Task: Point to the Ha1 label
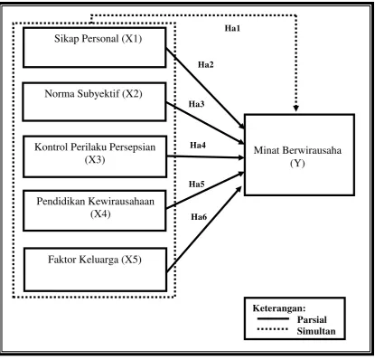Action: [232, 28]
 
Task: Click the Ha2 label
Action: [206, 64]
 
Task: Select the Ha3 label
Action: [196, 104]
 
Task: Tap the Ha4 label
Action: [198, 146]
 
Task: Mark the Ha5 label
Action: [197, 184]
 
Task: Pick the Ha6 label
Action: [199, 217]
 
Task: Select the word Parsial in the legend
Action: [312, 319]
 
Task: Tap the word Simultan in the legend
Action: [316, 331]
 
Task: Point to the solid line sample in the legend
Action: [273, 318]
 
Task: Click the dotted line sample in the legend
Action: [273, 329]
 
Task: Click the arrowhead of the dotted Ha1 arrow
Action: [295, 108]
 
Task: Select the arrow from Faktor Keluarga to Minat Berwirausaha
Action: [204, 229]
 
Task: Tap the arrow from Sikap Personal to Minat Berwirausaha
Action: [205, 88]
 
